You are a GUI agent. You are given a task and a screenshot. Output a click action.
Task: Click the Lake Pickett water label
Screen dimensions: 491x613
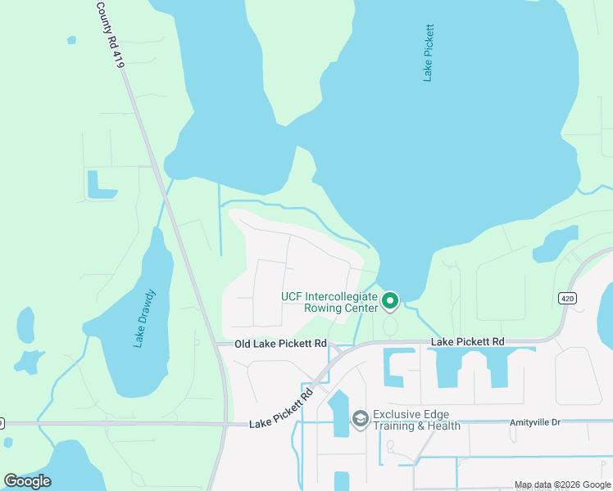pos(428,52)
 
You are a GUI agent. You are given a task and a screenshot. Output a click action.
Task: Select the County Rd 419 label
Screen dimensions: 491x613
pos(110,34)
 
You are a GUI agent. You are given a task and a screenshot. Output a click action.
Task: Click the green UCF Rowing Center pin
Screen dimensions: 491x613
pos(391,302)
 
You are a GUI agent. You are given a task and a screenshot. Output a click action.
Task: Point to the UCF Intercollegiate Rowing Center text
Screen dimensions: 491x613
pos(329,302)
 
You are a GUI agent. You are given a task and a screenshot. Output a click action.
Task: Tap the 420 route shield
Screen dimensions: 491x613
pos(567,299)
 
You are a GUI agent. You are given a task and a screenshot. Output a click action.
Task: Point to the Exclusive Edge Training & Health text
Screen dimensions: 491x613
pos(416,420)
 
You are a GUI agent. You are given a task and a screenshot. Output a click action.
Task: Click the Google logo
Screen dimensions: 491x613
pos(28,481)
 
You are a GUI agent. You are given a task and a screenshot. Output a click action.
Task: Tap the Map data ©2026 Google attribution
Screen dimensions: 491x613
pos(561,484)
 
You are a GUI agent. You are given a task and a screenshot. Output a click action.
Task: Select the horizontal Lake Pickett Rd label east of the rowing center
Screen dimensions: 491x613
pos(467,340)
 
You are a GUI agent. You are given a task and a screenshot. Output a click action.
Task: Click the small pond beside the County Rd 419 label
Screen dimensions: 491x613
pos(71,39)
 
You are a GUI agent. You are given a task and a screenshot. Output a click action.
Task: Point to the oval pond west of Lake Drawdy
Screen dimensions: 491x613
pos(25,325)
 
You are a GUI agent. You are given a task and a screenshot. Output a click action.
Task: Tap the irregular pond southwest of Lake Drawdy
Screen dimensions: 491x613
pos(30,360)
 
